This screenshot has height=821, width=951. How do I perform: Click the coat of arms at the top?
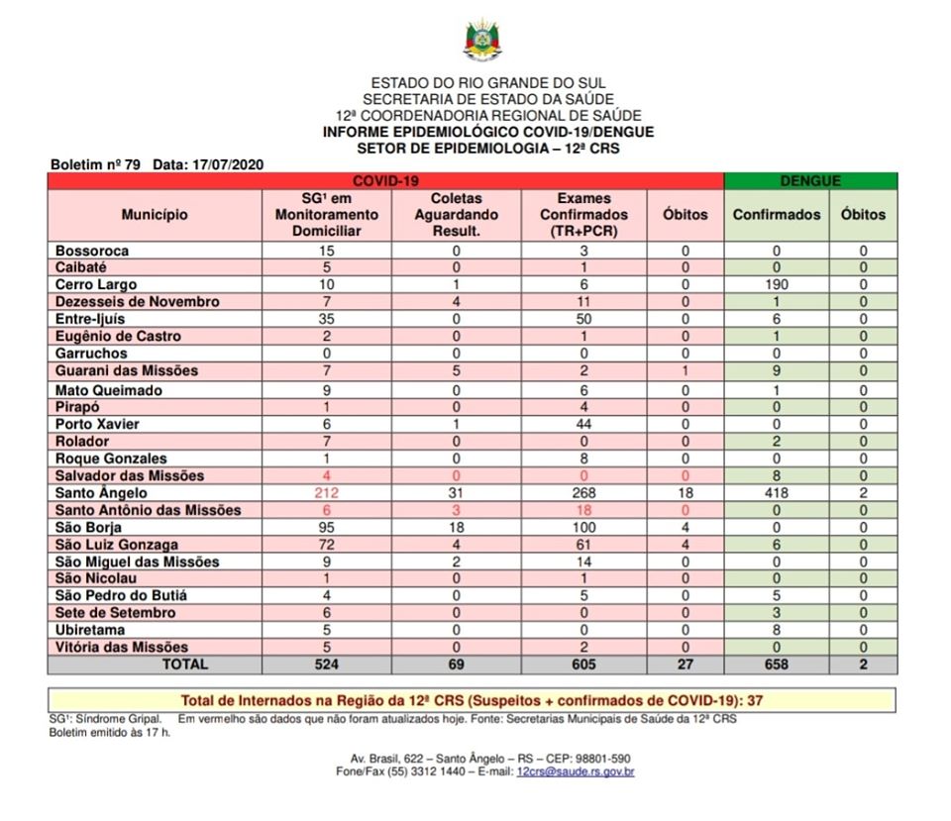coord(483,40)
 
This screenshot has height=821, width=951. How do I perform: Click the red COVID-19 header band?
coord(385,181)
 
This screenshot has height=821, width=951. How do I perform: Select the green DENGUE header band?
coord(810,181)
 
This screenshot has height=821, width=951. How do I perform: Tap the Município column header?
coord(155,214)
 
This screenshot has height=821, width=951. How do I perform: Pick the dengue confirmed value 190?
coord(777,284)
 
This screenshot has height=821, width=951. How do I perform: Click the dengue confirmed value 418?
coord(777,493)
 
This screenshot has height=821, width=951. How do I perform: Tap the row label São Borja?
coord(88,528)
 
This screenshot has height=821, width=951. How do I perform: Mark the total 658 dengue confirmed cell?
coord(777,665)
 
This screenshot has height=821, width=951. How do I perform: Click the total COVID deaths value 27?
coord(685,665)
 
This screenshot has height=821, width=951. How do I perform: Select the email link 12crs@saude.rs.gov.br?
coord(576,771)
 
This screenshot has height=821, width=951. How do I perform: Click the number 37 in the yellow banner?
coord(755,700)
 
